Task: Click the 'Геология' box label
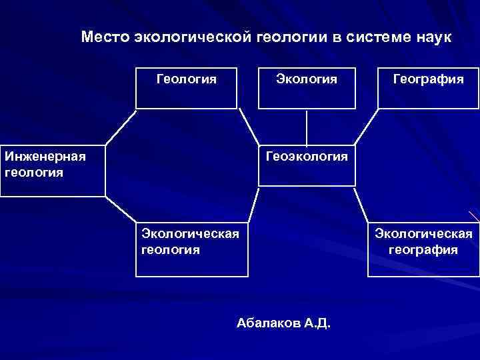(x=187, y=79)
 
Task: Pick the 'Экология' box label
(x=307, y=79)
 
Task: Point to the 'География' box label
(x=429, y=79)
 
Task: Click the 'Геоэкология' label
(x=307, y=157)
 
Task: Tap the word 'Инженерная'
(x=45, y=157)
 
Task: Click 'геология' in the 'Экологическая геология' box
(x=171, y=250)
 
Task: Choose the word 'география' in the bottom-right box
(x=423, y=250)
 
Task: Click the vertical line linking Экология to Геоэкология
(x=307, y=127)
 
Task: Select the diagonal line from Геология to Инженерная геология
(x=121, y=126)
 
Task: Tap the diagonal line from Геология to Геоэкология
(x=248, y=126)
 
